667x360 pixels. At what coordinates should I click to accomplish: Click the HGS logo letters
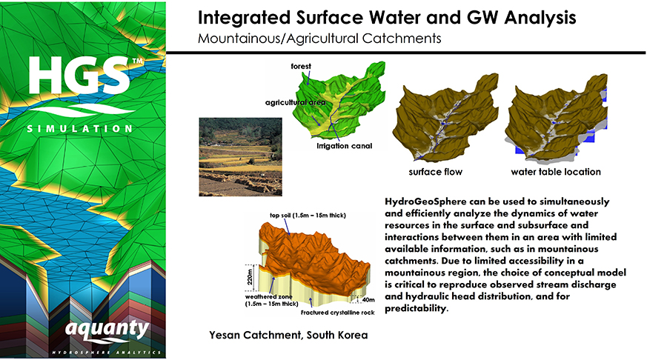[x=79, y=76]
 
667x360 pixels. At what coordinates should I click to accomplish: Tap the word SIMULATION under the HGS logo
[x=79, y=128]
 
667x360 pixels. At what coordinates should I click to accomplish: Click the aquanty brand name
[x=107, y=330]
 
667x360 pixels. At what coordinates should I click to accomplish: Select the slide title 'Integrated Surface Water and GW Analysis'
[x=387, y=18]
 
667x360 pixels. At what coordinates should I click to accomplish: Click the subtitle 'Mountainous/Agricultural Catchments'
[x=319, y=39]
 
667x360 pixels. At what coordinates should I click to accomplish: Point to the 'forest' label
[x=301, y=67]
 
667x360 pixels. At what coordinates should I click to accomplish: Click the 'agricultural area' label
[x=295, y=102]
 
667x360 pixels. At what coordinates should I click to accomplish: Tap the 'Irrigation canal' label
[x=344, y=146]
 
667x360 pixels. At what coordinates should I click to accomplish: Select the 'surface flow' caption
[x=435, y=172]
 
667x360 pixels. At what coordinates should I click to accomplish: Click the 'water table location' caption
[x=556, y=172]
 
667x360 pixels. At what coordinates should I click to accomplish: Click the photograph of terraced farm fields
[x=240, y=157]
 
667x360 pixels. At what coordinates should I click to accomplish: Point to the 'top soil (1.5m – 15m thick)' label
[x=308, y=216]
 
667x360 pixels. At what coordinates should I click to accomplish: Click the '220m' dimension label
[x=250, y=277]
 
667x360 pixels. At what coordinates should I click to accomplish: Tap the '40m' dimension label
[x=368, y=300]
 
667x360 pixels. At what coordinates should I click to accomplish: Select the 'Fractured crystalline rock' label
[x=338, y=313]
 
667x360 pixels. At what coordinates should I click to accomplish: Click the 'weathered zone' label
[x=268, y=297]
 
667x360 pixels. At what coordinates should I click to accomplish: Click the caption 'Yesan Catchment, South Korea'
[x=288, y=336]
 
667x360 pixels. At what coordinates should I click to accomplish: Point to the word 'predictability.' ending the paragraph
[x=417, y=308]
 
